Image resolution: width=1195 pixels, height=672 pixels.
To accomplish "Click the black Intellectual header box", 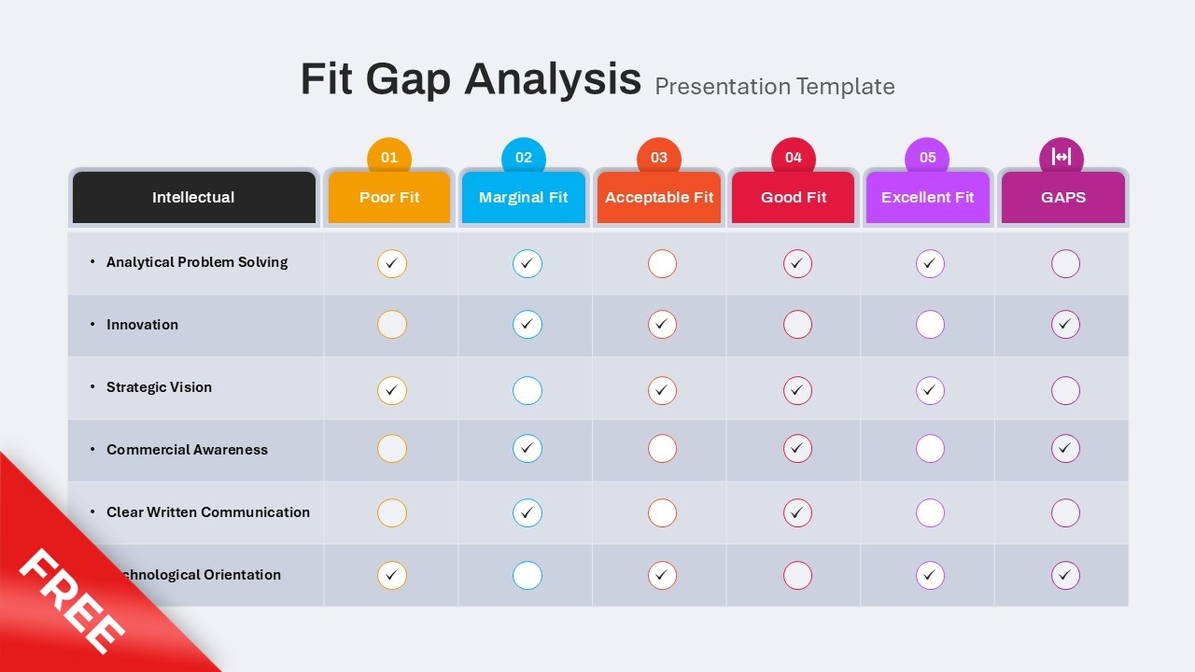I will click(193, 197).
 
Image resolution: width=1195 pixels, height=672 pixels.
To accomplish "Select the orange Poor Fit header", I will click(389, 197).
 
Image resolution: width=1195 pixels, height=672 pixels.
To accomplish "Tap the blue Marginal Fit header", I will click(524, 197).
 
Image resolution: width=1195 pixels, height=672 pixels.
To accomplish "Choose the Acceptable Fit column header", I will click(659, 197).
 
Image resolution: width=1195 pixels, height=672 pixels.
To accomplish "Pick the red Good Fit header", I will click(794, 197).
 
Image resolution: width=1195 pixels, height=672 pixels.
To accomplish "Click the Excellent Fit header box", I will click(927, 197).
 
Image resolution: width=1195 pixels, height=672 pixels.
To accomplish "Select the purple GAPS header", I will click(1062, 197).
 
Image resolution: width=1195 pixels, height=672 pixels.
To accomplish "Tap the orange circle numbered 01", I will click(389, 157).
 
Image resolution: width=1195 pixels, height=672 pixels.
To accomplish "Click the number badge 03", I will click(659, 157).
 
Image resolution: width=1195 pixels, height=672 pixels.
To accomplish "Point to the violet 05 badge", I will click(927, 157).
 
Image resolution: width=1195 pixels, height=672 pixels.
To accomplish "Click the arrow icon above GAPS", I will click(1061, 156).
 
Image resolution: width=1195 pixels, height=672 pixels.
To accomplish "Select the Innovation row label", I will click(142, 325).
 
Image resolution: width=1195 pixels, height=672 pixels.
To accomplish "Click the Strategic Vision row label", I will click(159, 387).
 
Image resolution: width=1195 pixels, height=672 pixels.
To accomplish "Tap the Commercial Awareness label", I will click(187, 450).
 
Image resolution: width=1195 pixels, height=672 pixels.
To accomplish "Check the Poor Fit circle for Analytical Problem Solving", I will click(392, 264).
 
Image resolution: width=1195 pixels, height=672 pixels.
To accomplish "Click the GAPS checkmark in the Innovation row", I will click(1065, 325).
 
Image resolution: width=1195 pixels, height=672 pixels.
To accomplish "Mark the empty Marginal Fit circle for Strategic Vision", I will click(527, 390).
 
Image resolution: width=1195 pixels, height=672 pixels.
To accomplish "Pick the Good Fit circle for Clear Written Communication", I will click(797, 512).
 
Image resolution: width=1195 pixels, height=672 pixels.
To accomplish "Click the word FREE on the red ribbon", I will click(73, 602).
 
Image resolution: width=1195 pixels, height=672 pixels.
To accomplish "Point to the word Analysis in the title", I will click(553, 79).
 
